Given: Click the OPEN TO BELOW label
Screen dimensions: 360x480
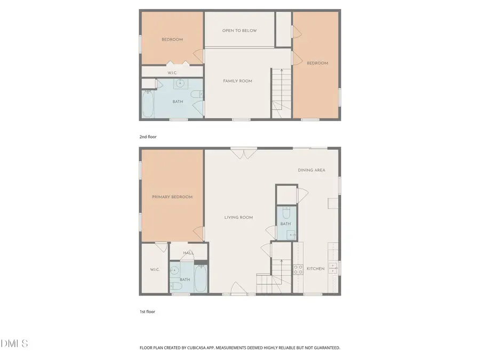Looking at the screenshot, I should pyautogui.click(x=239, y=30).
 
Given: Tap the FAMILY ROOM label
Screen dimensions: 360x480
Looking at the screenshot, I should pyautogui.click(x=237, y=81).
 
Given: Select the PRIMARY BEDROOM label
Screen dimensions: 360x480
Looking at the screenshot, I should pyautogui.click(x=172, y=197).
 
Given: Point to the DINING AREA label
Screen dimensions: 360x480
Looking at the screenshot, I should pyautogui.click(x=311, y=170).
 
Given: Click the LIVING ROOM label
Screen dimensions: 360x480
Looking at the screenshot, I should pyautogui.click(x=238, y=218).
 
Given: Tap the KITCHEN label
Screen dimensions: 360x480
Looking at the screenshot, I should pyautogui.click(x=315, y=269).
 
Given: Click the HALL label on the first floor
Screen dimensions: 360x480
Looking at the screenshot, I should pyautogui.click(x=188, y=253).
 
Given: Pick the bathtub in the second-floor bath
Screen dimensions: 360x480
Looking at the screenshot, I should pyautogui.click(x=148, y=105).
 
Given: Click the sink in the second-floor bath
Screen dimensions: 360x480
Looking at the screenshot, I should pyautogui.click(x=181, y=83).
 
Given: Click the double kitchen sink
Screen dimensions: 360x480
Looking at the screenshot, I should pyautogui.click(x=332, y=268).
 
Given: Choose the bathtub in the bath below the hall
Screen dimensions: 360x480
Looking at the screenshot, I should pyautogui.click(x=200, y=278).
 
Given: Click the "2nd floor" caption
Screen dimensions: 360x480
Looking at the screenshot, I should pyautogui.click(x=148, y=137).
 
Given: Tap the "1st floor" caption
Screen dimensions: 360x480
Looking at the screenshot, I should pyautogui.click(x=147, y=311).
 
